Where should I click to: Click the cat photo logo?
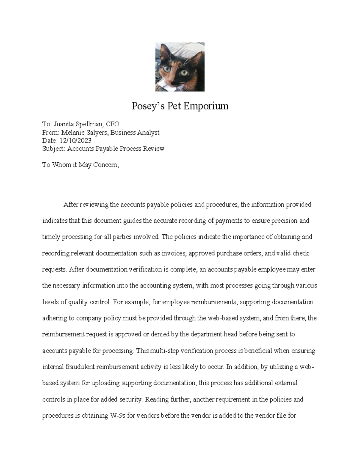(180, 67)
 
